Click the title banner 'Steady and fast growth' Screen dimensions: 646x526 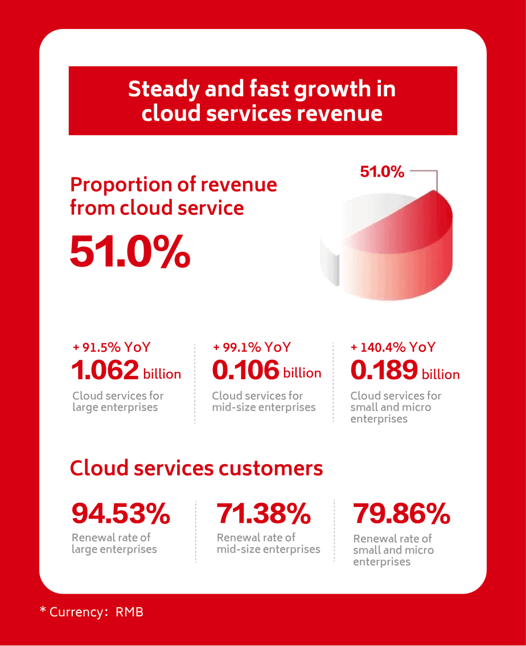click(262, 101)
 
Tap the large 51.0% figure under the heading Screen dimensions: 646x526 click(130, 251)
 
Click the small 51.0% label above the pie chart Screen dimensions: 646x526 click(382, 171)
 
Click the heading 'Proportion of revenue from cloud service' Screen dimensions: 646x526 click(173, 196)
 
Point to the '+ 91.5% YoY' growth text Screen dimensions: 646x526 click(112, 347)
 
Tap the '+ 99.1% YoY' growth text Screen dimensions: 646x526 click(251, 347)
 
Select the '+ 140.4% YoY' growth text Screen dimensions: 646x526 click(393, 347)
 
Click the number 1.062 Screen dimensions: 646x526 click(105, 371)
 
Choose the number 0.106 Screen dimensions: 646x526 click(245, 371)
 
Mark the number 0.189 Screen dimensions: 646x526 click(384, 371)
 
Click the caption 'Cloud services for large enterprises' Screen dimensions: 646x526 click(118, 401)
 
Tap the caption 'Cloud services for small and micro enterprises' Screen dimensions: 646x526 click(396, 407)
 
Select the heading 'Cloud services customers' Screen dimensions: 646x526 click(196, 468)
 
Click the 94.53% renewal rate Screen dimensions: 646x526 click(121, 514)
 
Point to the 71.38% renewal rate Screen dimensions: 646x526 click(264, 514)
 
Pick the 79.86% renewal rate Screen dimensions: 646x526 click(401, 514)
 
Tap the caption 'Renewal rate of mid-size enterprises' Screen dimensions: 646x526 click(268, 543)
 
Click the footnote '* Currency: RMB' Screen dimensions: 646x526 click(92, 612)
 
